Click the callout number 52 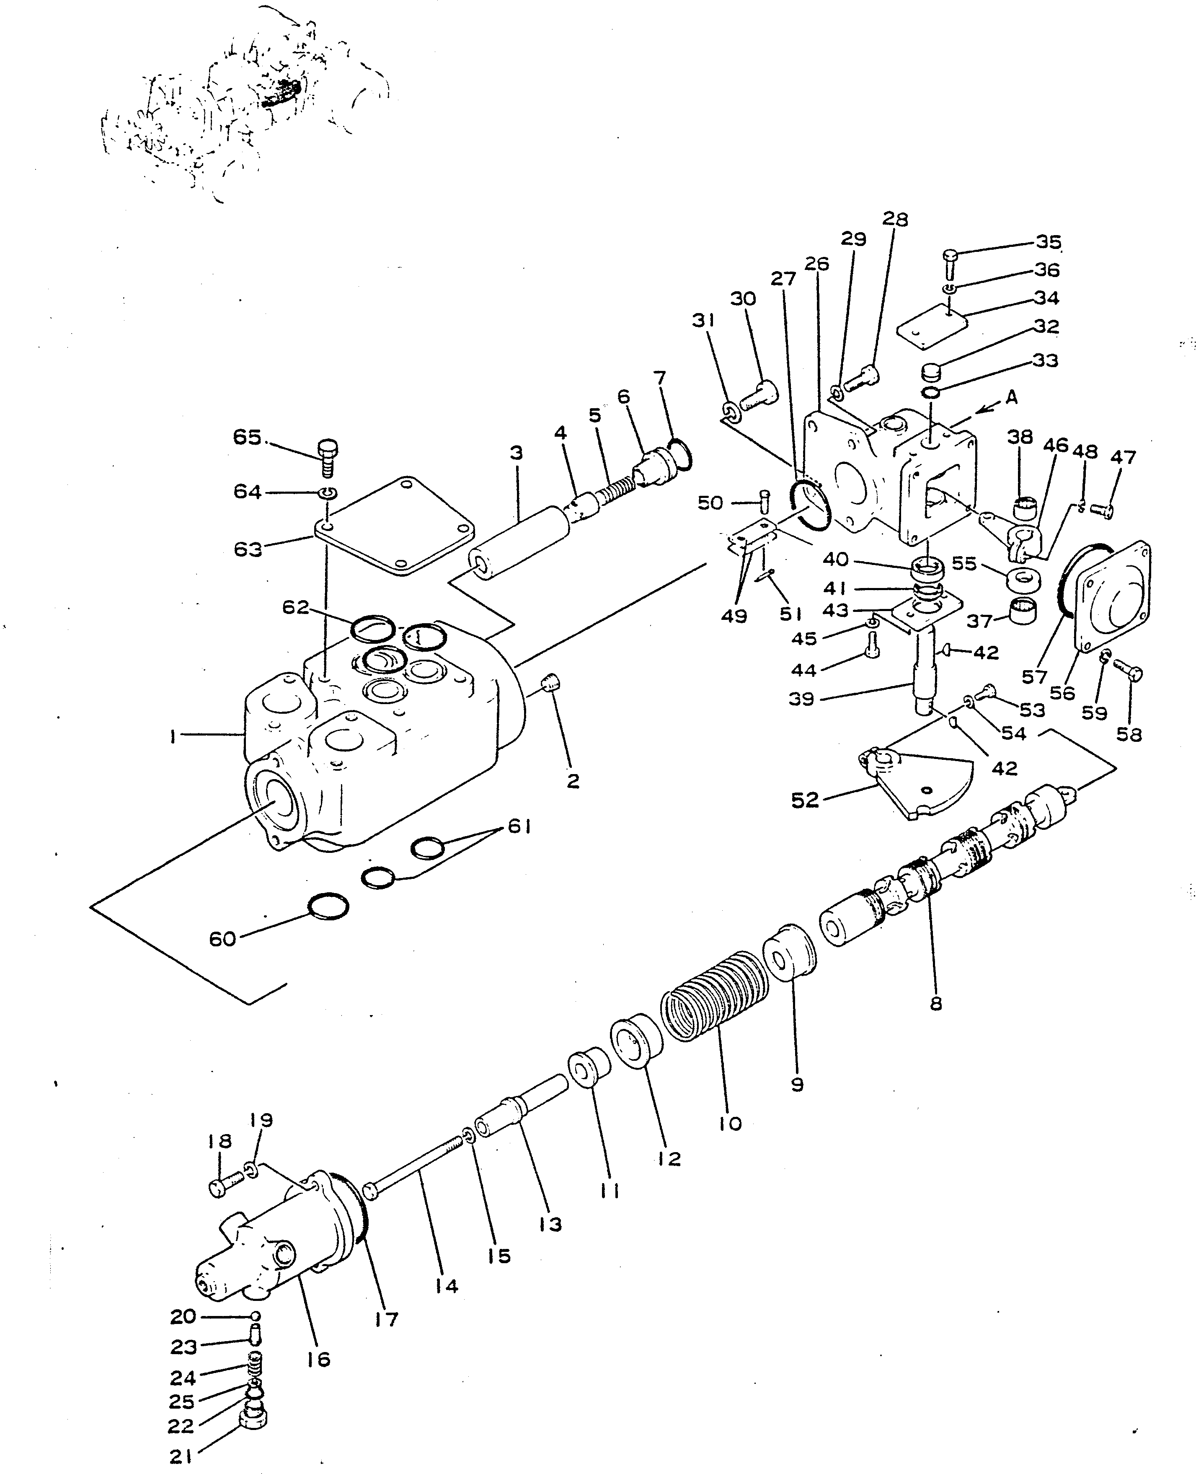[x=805, y=800]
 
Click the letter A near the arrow [x=1011, y=398]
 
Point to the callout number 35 [x=1049, y=242]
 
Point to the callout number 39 [x=801, y=699]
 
